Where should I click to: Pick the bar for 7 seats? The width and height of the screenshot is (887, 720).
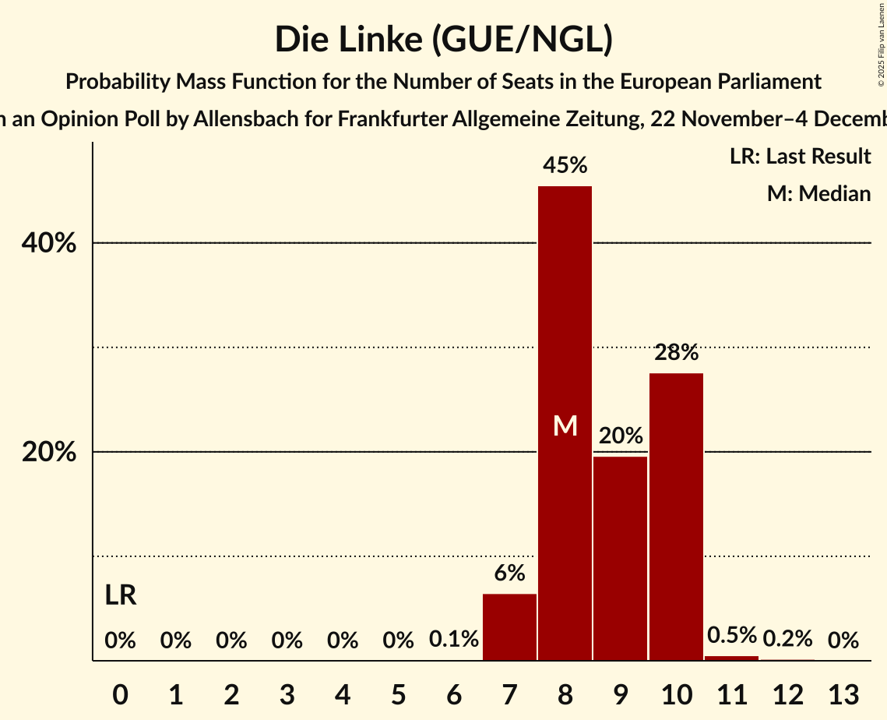coord(509,626)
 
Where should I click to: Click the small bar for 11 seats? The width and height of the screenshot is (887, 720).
coord(731,658)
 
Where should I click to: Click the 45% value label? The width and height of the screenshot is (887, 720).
coord(565,165)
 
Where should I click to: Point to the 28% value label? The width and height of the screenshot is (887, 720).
coord(676,352)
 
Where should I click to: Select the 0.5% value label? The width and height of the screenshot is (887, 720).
coord(731,635)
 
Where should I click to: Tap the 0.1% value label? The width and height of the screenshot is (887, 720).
coord(454,640)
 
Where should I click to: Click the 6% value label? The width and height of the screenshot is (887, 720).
coord(509,573)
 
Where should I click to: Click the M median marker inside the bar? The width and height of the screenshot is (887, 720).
coord(565,425)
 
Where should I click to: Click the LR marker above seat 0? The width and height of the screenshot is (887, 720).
coord(121,596)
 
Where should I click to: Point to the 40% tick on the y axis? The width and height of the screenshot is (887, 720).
coord(48,243)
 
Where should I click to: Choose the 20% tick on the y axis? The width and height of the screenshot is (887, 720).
coord(48,452)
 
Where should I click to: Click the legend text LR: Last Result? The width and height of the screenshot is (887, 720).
coord(800,157)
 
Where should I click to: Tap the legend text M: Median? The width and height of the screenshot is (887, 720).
coord(818,193)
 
